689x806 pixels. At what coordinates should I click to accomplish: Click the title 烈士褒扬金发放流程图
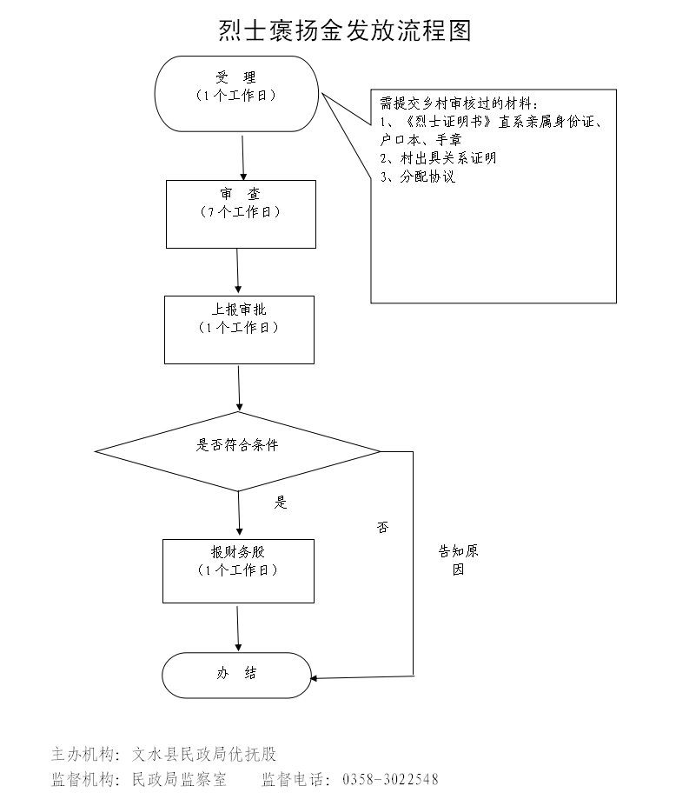tap(344, 31)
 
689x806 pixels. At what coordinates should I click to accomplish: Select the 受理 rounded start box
tap(237, 94)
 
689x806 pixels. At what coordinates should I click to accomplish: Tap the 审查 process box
tap(241, 214)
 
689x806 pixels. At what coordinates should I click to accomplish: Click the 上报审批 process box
tap(239, 330)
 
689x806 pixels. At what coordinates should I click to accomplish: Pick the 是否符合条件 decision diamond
tap(238, 451)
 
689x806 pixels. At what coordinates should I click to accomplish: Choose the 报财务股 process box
tap(238, 571)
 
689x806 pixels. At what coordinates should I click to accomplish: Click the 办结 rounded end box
tap(237, 675)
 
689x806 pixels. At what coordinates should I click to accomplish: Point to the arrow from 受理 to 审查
tap(242, 156)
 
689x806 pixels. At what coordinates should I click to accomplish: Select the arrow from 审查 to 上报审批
tap(238, 271)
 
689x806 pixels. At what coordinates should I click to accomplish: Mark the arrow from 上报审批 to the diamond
tap(239, 387)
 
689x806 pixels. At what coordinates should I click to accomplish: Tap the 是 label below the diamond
tap(281, 503)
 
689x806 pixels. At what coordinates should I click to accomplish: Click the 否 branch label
tap(382, 528)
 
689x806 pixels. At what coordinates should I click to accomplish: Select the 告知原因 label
tap(458, 561)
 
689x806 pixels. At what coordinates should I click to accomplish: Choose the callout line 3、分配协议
tap(418, 177)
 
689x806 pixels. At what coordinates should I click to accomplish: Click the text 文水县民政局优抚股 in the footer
tap(203, 754)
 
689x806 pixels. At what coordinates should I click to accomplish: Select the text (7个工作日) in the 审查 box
tap(241, 212)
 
